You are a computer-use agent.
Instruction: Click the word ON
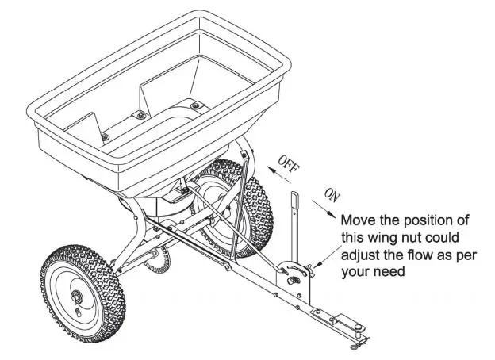pos(332,194)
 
